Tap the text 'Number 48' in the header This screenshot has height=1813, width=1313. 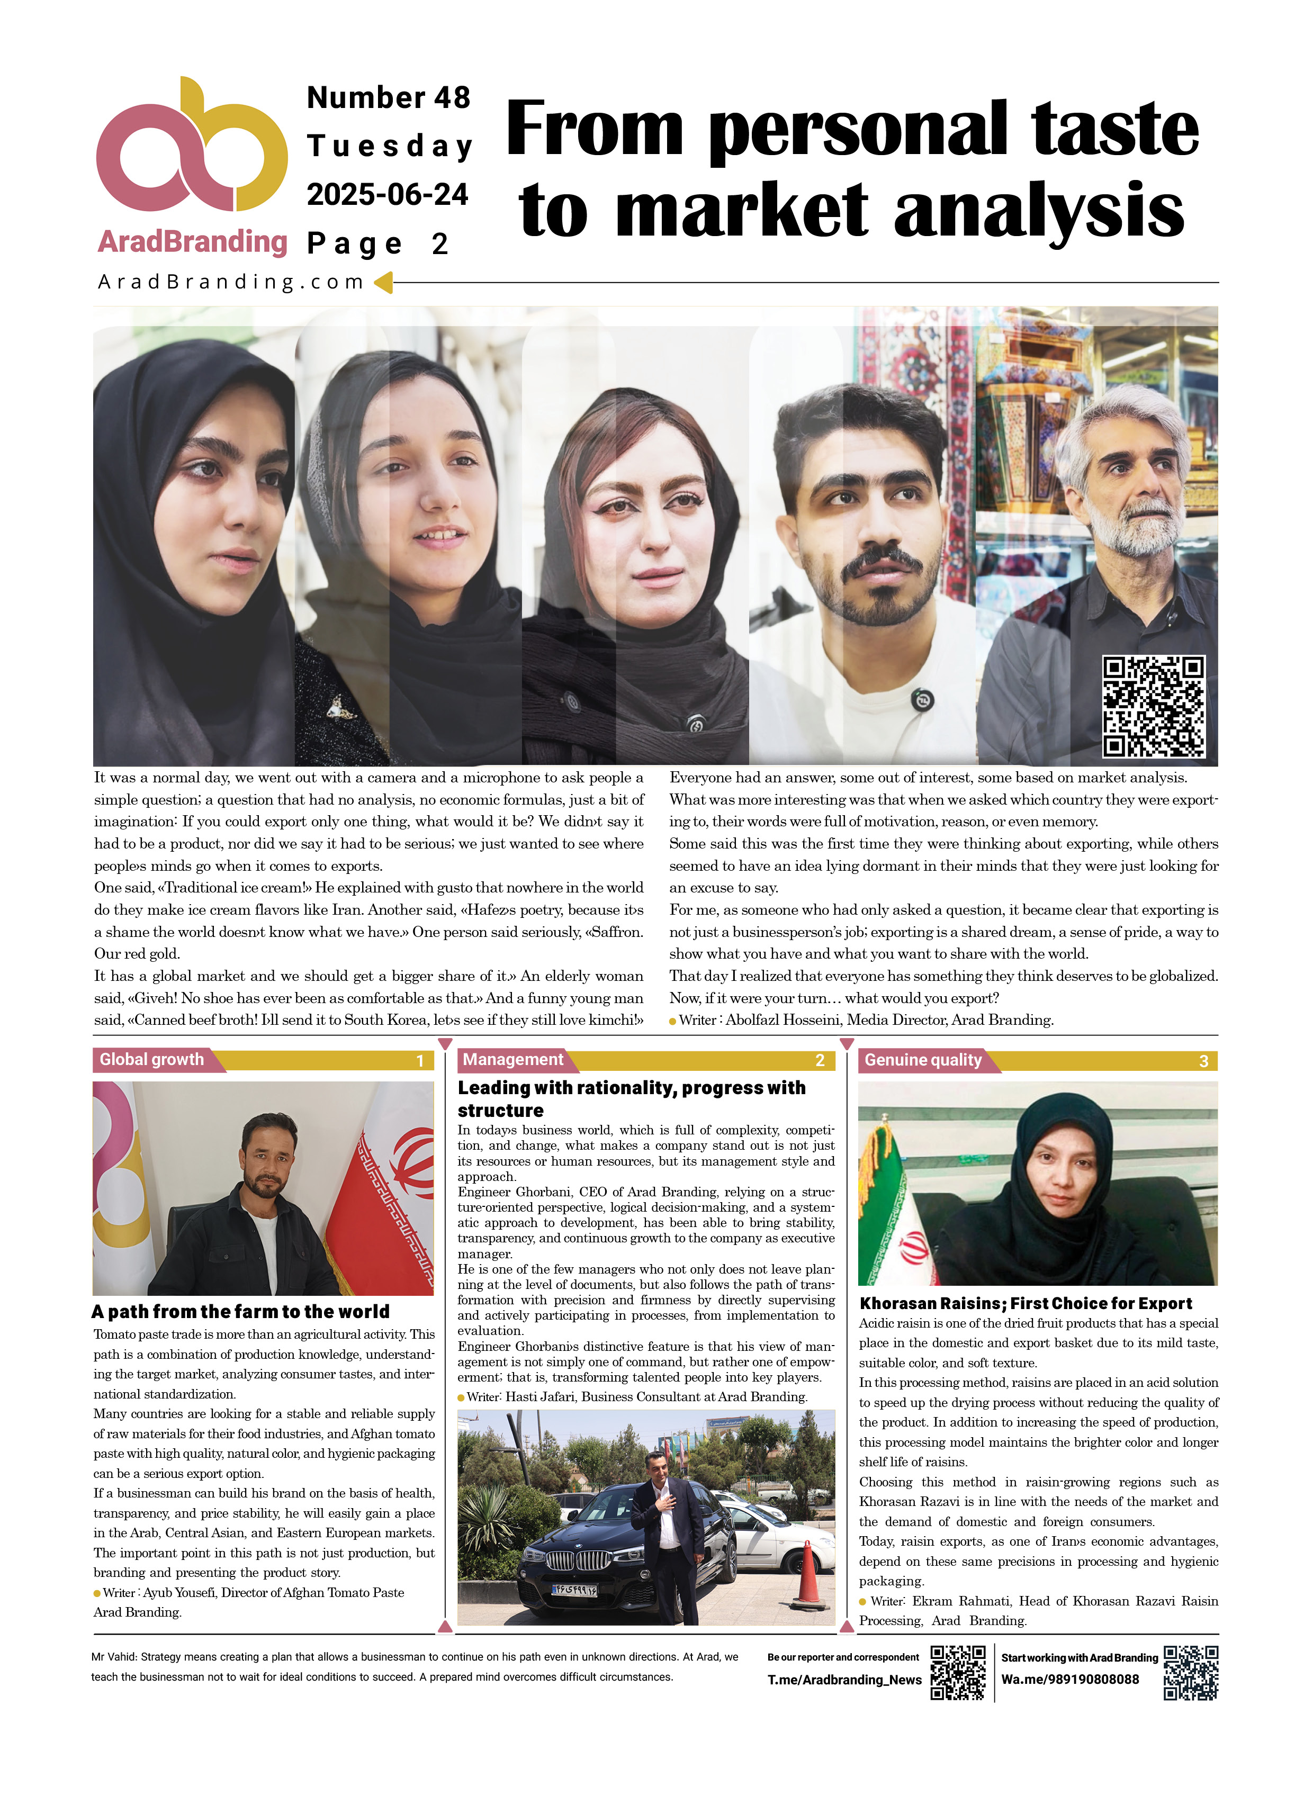click(x=389, y=97)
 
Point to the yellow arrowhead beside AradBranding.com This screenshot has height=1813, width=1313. click(x=384, y=282)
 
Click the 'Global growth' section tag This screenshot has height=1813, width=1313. click(x=152, y=1060)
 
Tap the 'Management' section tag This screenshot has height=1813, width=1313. click(x=512, y=1060)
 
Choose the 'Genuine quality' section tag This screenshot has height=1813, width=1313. click(x=923, y=1060)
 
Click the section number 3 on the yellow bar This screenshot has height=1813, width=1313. click(x=1203, y=1061)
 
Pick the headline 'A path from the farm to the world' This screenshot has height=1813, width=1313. click(x=241, y=1312)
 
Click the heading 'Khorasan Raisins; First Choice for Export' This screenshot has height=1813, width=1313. click(x=1025, y=1304)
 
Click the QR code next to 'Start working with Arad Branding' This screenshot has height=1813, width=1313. click(x=1191, y=1672)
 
